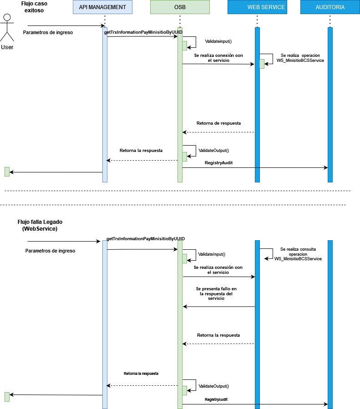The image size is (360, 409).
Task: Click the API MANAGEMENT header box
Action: point(102,7)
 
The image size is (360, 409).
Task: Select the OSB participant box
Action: point(180,7)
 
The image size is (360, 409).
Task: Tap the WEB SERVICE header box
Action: point(257,7)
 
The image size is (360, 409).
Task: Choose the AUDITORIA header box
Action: point(330,7)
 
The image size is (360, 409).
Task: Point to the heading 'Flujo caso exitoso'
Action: point(34,6)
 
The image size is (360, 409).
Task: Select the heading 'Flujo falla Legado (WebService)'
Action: point(40,225)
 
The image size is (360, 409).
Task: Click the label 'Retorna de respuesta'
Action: point(218,123)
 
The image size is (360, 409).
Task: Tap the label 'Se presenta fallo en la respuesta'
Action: point(216,293)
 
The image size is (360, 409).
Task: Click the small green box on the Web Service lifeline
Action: point(262,64)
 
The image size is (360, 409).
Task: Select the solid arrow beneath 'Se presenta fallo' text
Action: point(218,307)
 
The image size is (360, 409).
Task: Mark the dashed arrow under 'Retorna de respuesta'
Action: point(218,132)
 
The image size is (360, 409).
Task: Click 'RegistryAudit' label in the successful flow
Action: point(219,162)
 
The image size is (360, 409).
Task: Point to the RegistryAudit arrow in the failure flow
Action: point(255,404)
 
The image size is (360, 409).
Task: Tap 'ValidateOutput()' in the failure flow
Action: point(213,386)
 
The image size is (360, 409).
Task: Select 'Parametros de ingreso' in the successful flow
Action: point(48,33)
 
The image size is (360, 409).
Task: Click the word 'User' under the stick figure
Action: point(7,47)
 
